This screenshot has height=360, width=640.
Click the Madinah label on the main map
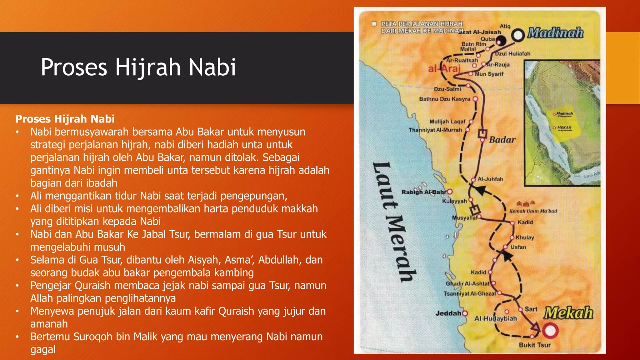(x=555, y=33)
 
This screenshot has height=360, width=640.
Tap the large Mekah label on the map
(x=568, y=313)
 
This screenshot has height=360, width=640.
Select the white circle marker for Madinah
(x=518, y=35)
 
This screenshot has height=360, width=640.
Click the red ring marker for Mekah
(x=550, y=330)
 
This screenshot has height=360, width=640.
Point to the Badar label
(x=502, y=140)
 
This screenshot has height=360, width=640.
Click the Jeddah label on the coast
(x=448, y=313)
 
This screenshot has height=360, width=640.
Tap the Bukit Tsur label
(x=535, y=345)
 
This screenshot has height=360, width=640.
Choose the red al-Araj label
(x=444, y=68)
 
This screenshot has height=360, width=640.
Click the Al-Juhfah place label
(x=490, y=179)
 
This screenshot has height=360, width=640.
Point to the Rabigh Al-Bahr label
(x=424, y=192)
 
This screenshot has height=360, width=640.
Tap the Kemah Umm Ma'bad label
(x=533, y=211)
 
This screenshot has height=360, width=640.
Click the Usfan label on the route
(x=518, y=247)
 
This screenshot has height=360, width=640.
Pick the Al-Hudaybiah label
(x=496, y=319)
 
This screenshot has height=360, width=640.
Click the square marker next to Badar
(x=482, y=134)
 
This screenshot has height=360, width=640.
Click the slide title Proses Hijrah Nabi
(x=138, y=67)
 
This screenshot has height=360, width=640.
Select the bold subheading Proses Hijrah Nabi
(x=65, y=119)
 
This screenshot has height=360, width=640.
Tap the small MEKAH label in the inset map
(x=564, y=127)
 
